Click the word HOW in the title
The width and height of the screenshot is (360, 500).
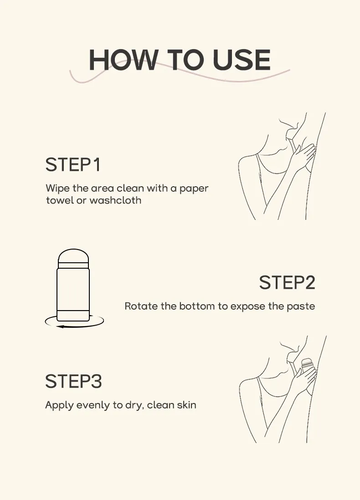[123, 60]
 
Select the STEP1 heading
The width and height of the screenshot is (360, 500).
[73, 165]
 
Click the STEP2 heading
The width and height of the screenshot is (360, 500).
[287, 283]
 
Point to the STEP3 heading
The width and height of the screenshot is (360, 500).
[73, 382]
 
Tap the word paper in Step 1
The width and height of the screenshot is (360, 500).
[194, 188]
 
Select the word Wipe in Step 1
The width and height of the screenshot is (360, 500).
[55, 188]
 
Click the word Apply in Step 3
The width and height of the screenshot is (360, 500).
[57, 405]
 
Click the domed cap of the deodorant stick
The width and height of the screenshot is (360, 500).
[73, 255]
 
